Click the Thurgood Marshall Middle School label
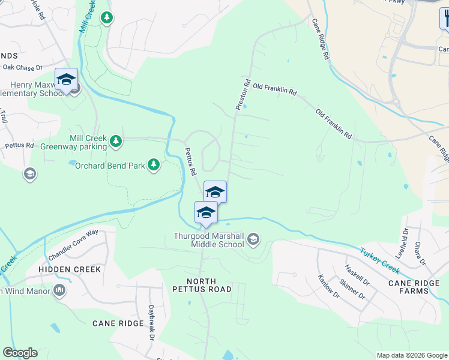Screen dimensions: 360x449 click(209, 240)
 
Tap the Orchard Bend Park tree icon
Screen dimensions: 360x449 click(154, 164)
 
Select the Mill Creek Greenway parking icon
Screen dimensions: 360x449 click(116, 142)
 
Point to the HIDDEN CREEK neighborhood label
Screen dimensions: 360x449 click(70, 270)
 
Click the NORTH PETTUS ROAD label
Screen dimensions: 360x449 click(209, 286)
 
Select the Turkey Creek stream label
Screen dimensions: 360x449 click(381, 259)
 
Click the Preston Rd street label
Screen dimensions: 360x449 click(242, 94)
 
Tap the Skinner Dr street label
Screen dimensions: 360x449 click(351, 288)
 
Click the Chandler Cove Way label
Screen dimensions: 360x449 click(73, 241)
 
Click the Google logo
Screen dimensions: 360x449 click(20, 353)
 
